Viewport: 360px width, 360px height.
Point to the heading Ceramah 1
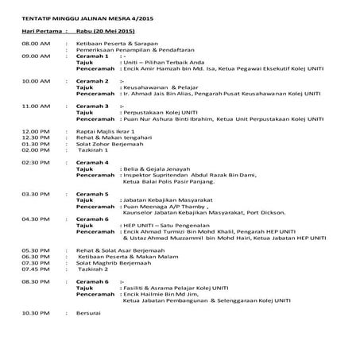click(x=93, y=56)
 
